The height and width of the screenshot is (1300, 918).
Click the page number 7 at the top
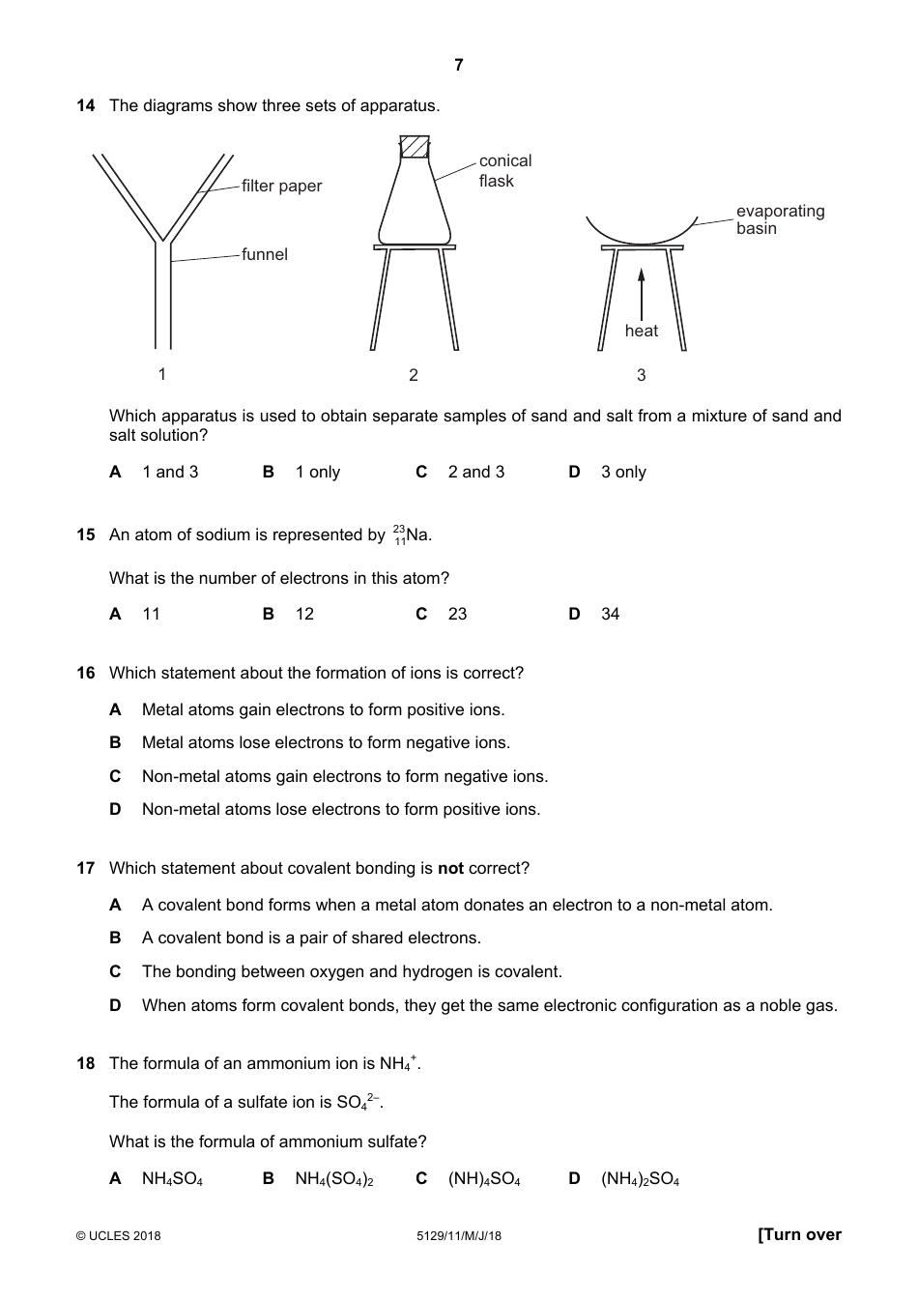(x=458, y=65)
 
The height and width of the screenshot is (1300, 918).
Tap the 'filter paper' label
(x=281, y=186)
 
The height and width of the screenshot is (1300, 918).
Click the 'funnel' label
(x=265, y=254)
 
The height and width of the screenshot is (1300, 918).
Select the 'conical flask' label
(x=504, y=171)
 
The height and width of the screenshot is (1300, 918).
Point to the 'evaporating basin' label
(x=780, y=219)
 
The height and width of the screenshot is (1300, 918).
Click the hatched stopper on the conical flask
(x=415, y=147)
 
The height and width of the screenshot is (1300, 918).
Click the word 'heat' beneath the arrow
(x=641, y=331)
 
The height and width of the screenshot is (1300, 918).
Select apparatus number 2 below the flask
(x=414, y=375)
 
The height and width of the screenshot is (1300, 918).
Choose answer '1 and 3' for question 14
(x=170, y=472)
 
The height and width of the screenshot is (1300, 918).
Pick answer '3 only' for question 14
(x=623, y=472)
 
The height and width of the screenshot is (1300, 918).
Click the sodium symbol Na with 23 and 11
(x=413, y=534)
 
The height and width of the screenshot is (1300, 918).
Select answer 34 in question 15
(x=610, y=614)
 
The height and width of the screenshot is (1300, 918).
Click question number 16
(x=85, y=673)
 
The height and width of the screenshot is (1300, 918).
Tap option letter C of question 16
(x=115, y=776)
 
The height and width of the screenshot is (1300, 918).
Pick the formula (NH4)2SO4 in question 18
(x=640, y=1178)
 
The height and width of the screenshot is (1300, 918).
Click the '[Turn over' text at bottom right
(x=799, y=1234)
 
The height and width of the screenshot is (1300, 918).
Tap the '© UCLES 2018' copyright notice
(x=119, y=1235)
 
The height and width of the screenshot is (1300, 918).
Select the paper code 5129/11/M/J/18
(x=459, y=1235)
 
